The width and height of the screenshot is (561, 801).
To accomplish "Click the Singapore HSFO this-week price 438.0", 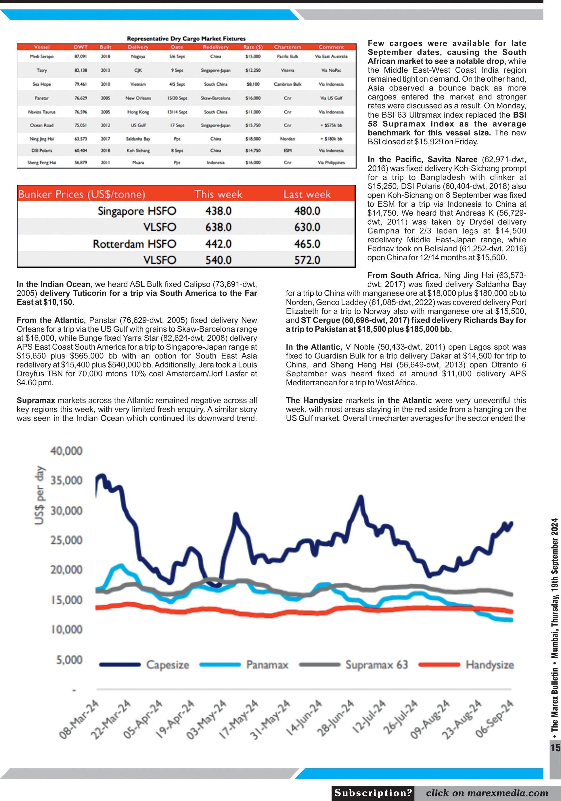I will point(218,211).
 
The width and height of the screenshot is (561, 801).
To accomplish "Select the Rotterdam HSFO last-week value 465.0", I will point(307,244).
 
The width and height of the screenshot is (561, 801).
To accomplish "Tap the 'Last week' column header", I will point(307,194).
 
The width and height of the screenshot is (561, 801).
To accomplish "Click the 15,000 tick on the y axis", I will point(66,600).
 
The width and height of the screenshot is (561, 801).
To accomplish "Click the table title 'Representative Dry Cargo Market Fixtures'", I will point(186,38).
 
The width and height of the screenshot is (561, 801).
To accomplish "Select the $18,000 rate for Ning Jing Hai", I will point(252,139).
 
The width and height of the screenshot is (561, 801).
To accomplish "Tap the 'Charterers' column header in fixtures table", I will point(288,47).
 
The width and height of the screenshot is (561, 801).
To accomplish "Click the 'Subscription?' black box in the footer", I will point(373,793).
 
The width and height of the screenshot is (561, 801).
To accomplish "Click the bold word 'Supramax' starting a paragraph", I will point(36,400).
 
